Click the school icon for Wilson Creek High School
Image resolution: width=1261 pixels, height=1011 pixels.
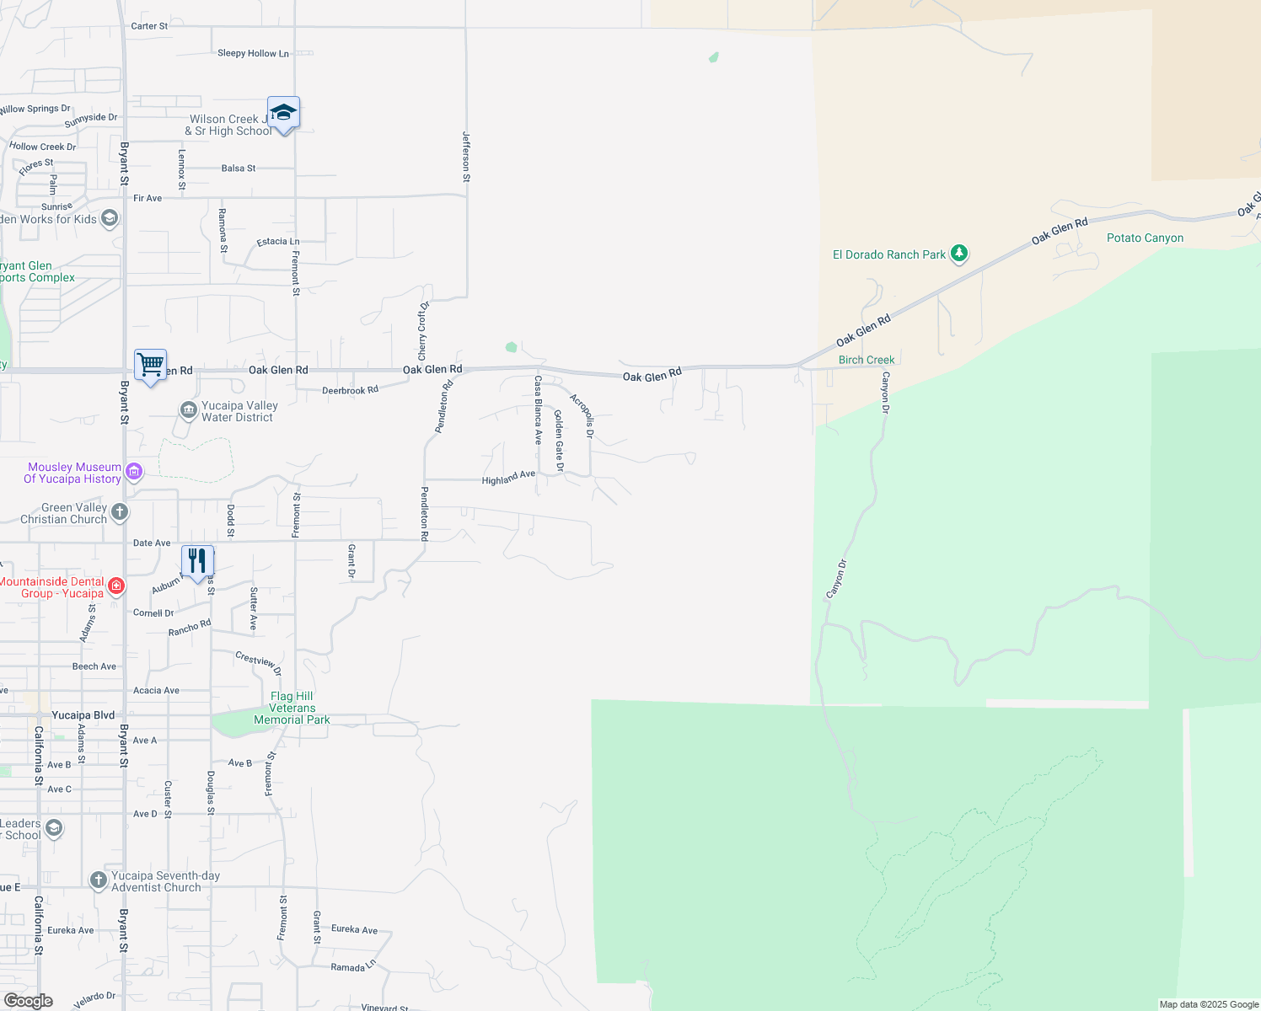click(283, 113)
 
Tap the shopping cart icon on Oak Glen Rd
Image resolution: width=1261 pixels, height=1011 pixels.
click(151, 366)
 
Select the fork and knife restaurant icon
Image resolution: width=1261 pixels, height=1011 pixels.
click(197, 561)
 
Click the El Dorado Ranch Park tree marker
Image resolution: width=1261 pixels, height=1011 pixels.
click(958, 253)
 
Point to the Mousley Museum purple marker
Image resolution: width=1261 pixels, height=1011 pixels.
click(134, 472)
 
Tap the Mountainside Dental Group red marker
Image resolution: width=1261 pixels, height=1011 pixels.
click(116, 586)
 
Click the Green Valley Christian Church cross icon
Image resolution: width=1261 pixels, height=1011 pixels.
click(120, 511)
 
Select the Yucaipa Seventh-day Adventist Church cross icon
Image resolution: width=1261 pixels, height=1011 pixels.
click(98, 880)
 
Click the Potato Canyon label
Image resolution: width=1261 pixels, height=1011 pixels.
click(1145, 238)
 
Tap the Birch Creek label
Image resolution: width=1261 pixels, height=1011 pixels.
click(867, 360)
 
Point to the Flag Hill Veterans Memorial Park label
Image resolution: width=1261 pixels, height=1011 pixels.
click(292, 708)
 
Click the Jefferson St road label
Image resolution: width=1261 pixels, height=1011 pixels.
click(466, 157)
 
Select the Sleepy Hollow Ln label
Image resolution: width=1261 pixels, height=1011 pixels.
click(253, 53)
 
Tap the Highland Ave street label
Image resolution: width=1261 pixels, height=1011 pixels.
click(508, 478)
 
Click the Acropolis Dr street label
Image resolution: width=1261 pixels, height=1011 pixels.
click(582, 415)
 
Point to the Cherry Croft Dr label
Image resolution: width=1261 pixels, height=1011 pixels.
click(423, 329)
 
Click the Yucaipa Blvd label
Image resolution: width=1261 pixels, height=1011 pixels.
click(83, 715)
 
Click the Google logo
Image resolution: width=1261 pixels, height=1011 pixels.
click(29, 1001)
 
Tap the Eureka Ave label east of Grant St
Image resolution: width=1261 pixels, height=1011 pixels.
click(354, 929)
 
